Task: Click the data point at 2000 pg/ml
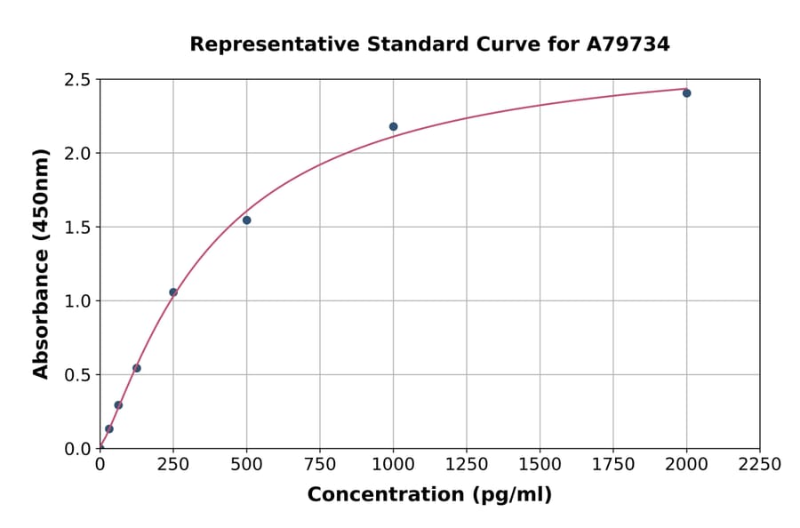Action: point(686,92)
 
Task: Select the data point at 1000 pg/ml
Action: point(393,126)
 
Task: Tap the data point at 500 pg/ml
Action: point(246,220)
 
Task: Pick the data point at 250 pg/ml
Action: point(173,292)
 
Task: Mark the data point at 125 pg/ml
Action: point(137,368)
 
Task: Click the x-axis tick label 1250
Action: point(467,465)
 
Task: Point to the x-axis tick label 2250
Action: point(760,465)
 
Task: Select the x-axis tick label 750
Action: point(320,465)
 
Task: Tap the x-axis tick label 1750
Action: point(613,465)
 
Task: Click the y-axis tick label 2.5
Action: point(78,80)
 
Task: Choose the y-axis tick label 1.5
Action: point(78,228)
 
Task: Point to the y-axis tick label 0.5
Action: point(78,375)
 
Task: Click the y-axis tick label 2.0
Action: point(78,154)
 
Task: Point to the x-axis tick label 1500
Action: point(540,465)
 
